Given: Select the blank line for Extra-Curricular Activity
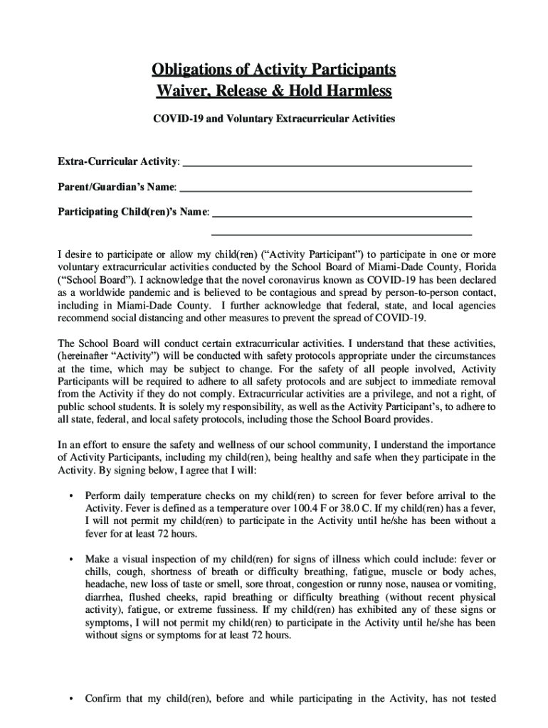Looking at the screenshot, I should [x=327, y=164].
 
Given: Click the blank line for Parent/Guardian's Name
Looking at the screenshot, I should [x=325, y=189].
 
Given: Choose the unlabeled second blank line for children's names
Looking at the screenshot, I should [x=342, y=233].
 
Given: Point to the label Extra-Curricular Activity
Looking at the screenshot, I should [x=117, y=163].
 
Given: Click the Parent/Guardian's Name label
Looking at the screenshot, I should [x=117, y=188].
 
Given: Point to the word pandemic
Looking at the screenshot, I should [x=149, y=293].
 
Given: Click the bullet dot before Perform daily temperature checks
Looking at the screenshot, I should [x=71, y=496].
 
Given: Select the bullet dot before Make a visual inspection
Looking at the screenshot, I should [x=71, y=560].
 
